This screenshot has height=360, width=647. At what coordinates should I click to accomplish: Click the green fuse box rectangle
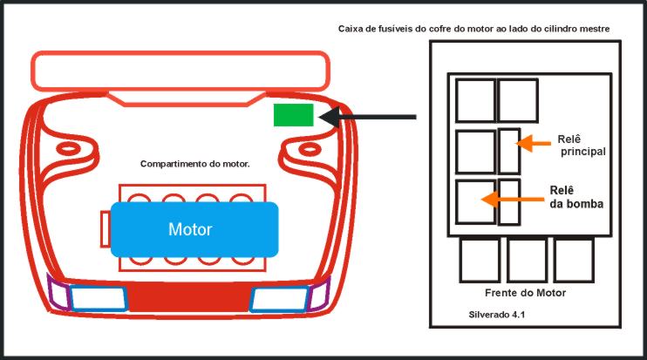pos(293,115)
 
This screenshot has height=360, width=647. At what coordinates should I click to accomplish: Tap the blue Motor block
pos(194,229)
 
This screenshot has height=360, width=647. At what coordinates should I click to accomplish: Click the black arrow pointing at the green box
pos(367,117)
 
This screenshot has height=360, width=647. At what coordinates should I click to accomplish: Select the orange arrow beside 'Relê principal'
pos(533,144)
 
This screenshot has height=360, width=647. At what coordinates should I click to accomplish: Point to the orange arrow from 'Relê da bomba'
pos(513,200)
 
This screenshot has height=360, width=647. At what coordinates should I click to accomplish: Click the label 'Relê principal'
pos(582,146)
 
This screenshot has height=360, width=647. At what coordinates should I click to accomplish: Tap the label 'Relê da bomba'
pos(576,197)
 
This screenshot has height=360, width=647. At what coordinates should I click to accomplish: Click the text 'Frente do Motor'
pos(525,293)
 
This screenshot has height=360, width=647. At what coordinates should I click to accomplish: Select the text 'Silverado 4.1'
pos(497,315)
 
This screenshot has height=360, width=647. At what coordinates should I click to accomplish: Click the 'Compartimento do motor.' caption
pos(195,164)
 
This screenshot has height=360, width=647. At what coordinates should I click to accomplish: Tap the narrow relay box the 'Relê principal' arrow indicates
pos(509,152)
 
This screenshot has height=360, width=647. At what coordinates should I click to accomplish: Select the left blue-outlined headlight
pos(99,298)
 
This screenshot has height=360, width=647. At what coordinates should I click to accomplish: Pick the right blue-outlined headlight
pos(279,299)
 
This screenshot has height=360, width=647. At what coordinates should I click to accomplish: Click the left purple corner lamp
pos(58,292)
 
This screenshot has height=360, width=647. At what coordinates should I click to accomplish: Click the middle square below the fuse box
pos(527,261)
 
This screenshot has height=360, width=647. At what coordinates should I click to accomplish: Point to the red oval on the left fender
pos(69,148)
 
